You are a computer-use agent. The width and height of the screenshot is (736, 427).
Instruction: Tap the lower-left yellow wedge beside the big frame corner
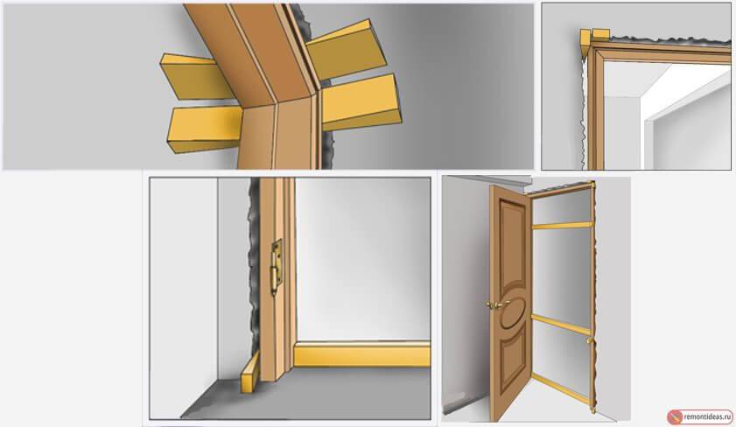(x=204, y=129)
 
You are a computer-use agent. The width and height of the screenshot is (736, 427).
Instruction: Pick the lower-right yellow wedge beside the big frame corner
(x=361, y=102)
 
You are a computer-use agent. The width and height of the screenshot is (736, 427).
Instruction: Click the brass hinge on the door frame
(x=276, y=268)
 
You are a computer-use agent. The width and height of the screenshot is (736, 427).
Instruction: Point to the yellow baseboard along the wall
(x=361, y=354)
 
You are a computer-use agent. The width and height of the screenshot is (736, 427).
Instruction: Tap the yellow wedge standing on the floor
(x=249, y=372)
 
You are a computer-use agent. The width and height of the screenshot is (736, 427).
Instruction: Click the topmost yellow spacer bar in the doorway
(x=562, y=226)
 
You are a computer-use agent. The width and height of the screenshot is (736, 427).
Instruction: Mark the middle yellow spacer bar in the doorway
(x=560, y=325)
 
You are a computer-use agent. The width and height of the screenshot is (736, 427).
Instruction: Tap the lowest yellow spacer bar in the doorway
(x=560, y=388)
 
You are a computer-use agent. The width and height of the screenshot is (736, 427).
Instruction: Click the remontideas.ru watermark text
(x=707, y=416)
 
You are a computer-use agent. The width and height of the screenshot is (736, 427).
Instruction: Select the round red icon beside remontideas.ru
(x=675, y=416)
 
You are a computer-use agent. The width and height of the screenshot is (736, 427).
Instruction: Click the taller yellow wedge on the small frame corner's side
(x=585, y=44)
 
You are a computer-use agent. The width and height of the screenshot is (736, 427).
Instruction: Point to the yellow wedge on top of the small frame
(x=601, y=34)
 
